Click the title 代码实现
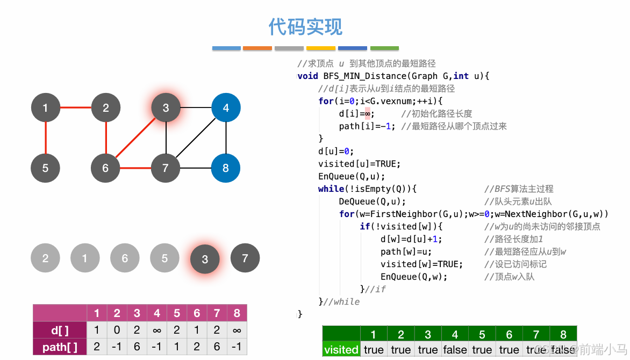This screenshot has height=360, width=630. pos(305,26)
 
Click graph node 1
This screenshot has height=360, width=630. pos(45,108)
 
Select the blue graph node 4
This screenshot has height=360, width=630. pos(226,108)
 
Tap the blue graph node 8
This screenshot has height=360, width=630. pos(226,168)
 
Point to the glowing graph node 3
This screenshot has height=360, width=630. pos(166,108)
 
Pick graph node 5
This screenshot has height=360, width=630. pos(45,168)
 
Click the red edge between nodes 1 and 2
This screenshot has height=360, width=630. pos(75,108)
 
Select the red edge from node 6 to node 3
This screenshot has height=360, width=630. pos(135,138)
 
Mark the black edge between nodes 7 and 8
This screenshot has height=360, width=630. pos(196,168)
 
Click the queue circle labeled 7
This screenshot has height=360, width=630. pos(245,258)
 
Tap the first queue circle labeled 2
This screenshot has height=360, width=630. pos(45,258)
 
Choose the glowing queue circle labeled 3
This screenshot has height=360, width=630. pos(205,260)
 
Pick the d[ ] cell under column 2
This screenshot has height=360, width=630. pos(117,330)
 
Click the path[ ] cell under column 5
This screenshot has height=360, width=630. pos(177,347)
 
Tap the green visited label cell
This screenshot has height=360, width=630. pos(341,350)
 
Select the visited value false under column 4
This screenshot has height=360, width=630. pos(455,350)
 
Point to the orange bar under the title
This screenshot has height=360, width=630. pos(257,48)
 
